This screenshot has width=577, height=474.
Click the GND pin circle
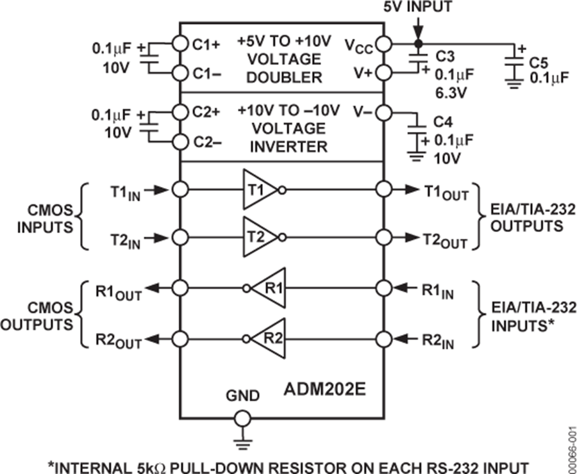point(242,419)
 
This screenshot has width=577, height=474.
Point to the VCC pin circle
point(384,44)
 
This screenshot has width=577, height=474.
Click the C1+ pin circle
point(180,44)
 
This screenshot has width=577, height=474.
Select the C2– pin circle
point(180,142)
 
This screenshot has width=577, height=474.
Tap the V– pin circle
point(384,113)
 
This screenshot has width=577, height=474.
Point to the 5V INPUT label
point(418,8)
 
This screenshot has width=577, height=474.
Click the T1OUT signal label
point(446,192)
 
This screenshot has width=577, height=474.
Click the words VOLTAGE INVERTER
point(282,137)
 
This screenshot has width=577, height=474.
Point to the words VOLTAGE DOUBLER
point(282,68)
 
